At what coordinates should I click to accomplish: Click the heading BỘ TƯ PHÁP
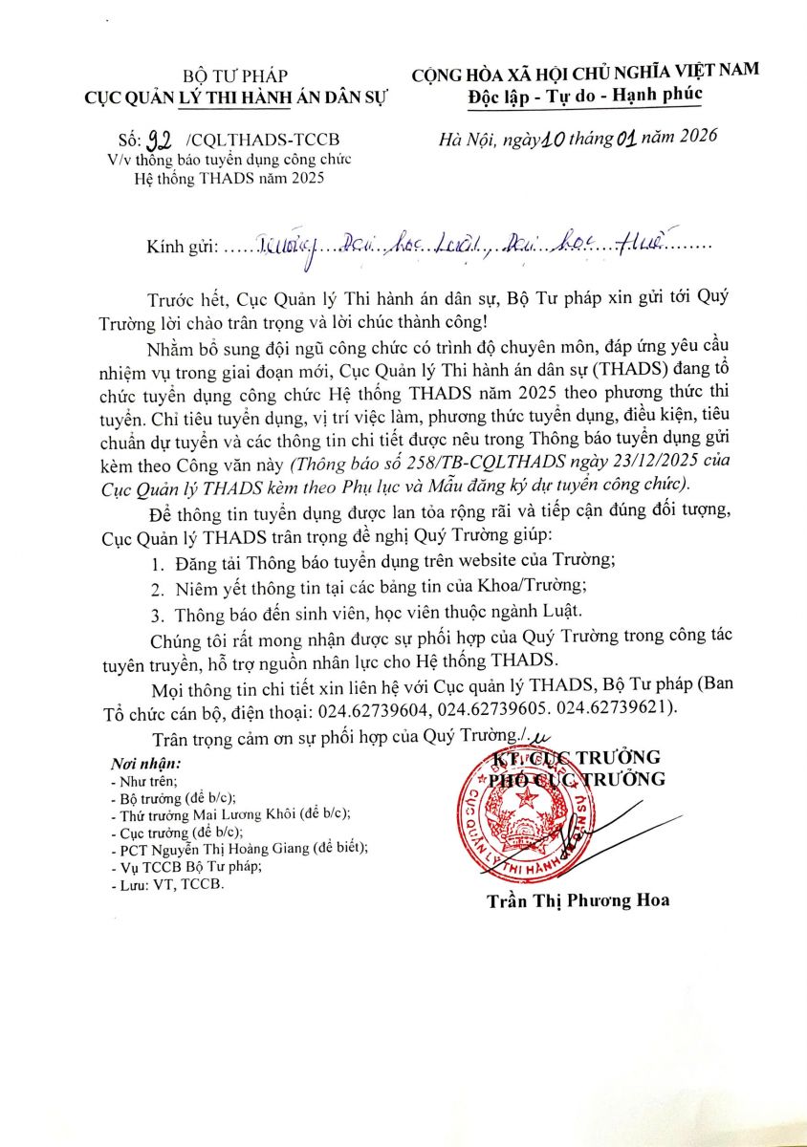[x=235, y=76]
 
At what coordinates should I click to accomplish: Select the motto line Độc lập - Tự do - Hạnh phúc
[x=585, y=94]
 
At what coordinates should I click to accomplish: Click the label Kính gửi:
[x=182, y=247]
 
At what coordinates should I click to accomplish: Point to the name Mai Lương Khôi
[x=251, y=813]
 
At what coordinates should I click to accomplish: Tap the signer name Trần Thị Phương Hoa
[x=578, y=900]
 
